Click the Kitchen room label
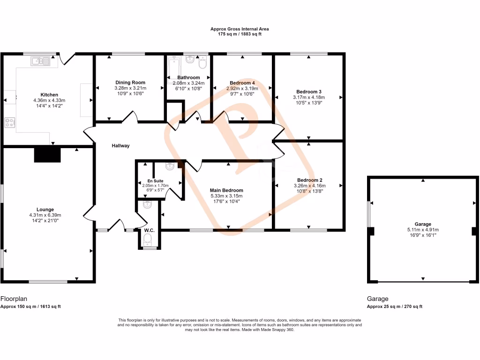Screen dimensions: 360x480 49,94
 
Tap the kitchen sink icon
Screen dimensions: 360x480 40,60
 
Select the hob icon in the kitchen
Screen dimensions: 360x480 9,122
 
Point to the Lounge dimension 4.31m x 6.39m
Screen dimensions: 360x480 45,215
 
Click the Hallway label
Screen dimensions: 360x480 120,146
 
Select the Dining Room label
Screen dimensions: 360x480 130,82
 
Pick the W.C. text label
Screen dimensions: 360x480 150,230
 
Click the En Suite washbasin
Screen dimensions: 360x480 170,166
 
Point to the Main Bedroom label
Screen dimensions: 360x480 226,190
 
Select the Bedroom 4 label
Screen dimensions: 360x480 242,82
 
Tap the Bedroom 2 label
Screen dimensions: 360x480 309,180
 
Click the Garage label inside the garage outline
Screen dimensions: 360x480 423,224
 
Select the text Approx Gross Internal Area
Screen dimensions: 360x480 240,29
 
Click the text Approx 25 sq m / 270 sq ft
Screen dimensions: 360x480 395,307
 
